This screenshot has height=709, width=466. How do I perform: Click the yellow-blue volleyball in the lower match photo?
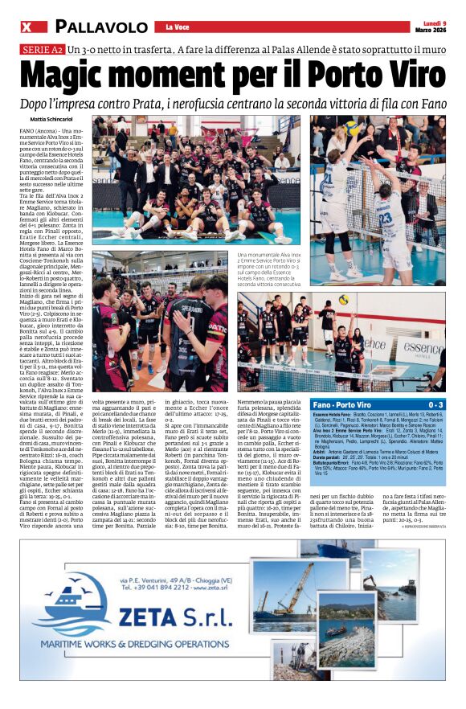[343, 299]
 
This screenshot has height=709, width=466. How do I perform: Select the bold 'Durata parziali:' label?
[329, 458]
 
